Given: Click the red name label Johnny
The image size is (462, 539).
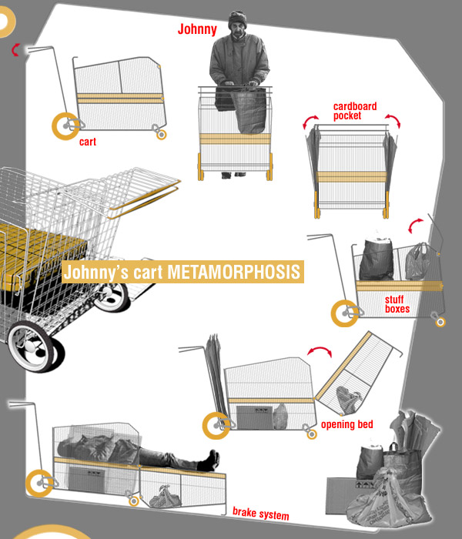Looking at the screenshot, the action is pyautogui.click(x=197, y=29).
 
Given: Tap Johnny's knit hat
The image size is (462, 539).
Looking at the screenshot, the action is pyautogui.click(x=237, y=18).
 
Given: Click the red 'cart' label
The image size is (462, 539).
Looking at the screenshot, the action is pyautogui.click(x=88, y=142).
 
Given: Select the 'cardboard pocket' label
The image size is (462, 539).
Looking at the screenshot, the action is pyautogui.click(x=355, y=111).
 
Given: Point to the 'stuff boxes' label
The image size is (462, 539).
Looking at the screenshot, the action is pyautogui.click(x=397, y=304).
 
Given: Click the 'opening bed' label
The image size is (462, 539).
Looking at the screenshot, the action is pyautogui.click(x=346, y=424).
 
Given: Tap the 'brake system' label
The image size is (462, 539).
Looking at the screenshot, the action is pyautogui.click(x=260, y=514).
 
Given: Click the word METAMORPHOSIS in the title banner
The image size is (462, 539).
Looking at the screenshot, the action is pyautogui.click(x=234, y=272).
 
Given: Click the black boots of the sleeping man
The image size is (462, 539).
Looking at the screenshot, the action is pyautogui.click(x=209, y=460).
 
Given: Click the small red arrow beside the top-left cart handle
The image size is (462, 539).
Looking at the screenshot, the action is pyautogui.click(x=15, y=50).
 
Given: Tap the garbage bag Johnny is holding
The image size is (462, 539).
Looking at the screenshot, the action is pyautogui.click(x=248, y=111).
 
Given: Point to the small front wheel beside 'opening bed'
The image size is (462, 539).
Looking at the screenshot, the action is pyautogui.click(x=312, y=434).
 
